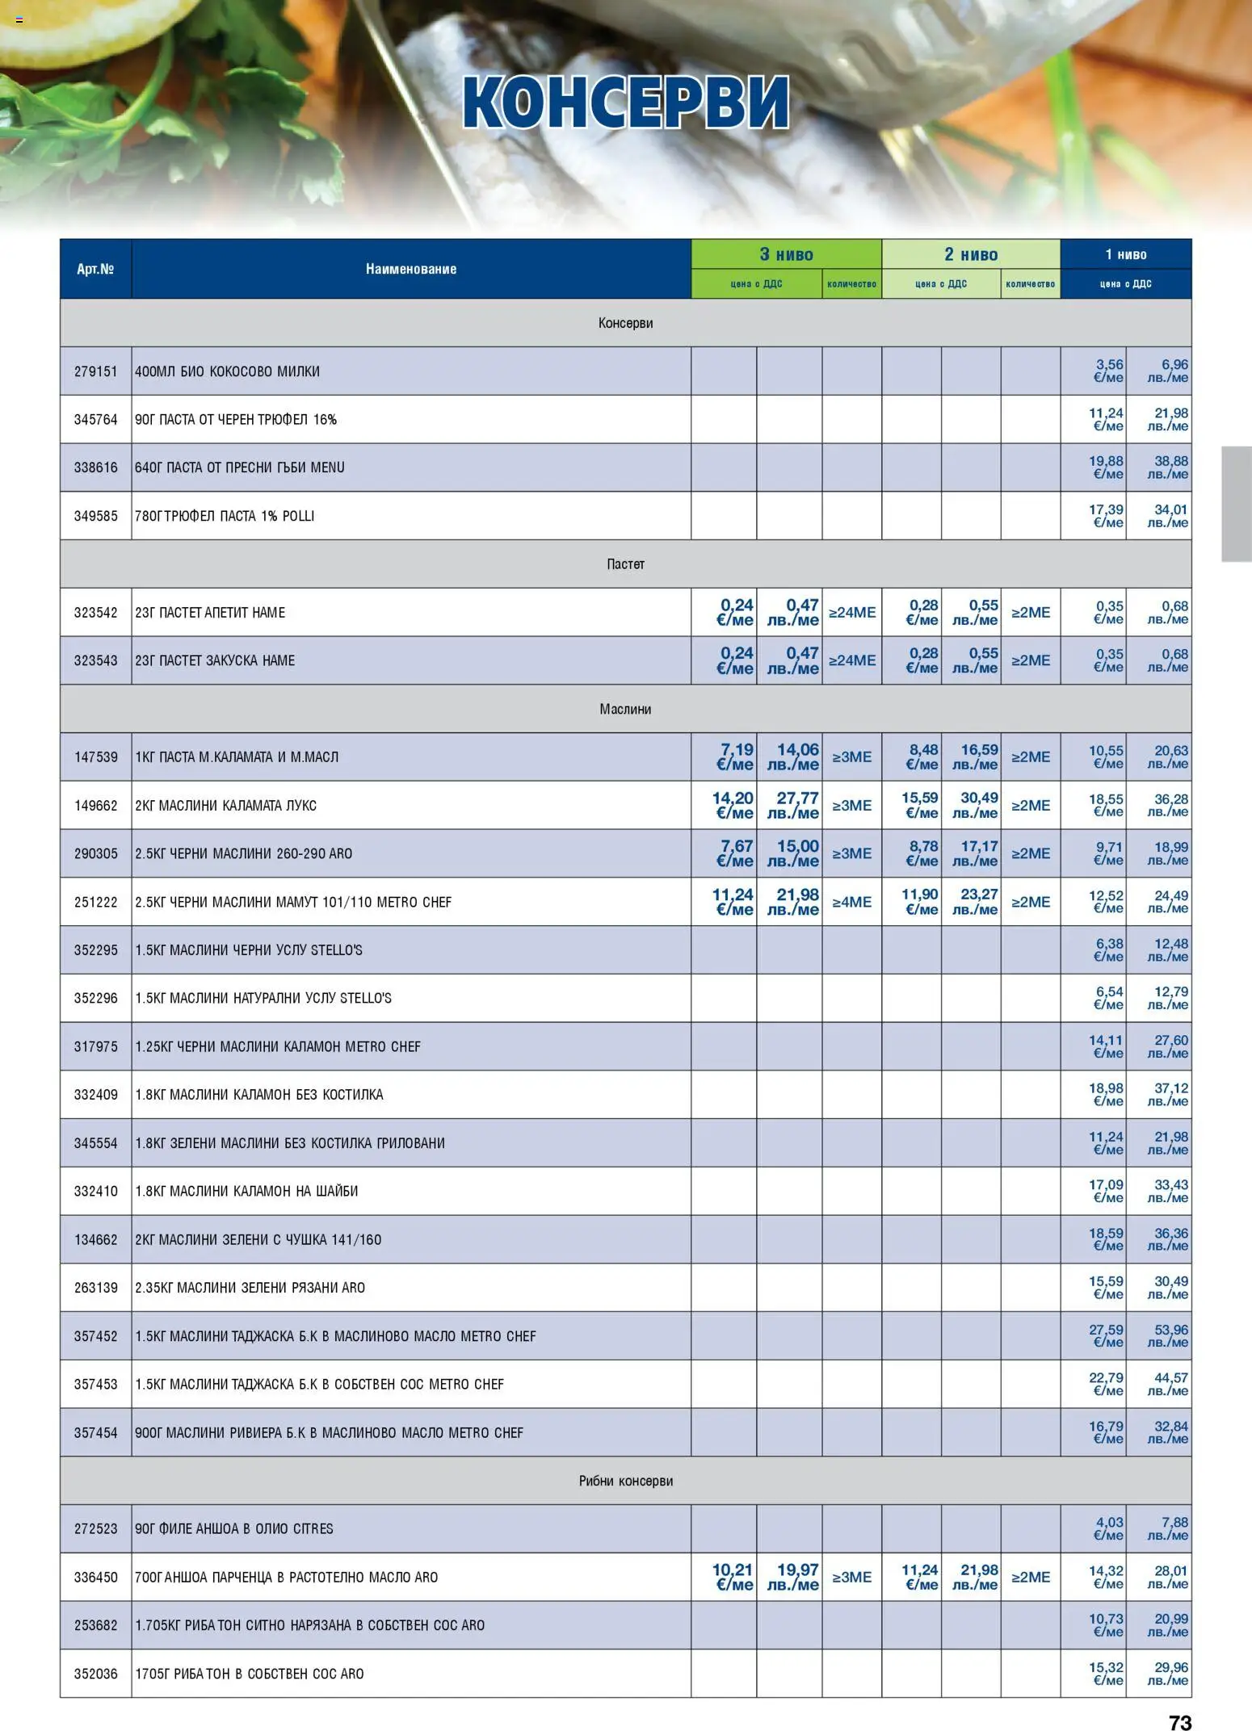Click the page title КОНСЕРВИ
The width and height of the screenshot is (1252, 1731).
pyautogui.click(x=626, y=103)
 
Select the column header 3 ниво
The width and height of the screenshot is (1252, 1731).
pyautogui.click(x=786, y=254)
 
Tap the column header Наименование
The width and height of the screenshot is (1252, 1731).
pyautogui.click(x=410, y=269)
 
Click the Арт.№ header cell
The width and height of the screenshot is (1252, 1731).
pyautogui.click(x=95, y=269)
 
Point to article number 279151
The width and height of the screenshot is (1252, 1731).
pyautogui.click(x=95, y=371)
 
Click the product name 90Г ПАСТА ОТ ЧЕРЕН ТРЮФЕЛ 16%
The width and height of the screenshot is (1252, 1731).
pyautogui.click(x=236, y=420)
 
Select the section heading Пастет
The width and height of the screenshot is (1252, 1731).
pyautogui.click(x=625, y=564)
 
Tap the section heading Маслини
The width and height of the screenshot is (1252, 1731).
pyautogui.click(x=625, y=709)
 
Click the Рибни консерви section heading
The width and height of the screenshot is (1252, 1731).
pyautogui.click(x=625, y=1481)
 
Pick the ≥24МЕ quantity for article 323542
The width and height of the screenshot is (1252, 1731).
pyautogui.click(x=852, y=612)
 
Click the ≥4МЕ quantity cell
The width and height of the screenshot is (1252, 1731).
pyautogui.click(x=852, y=902)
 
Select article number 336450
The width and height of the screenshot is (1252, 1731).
pyautogui.click(x=95, y=1577)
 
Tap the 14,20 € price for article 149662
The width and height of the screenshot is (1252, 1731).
pyautogui.click(x=733, y=805)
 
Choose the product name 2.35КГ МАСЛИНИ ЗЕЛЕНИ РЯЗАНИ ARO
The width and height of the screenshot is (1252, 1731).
pyautogui.click(x=250, y=1288)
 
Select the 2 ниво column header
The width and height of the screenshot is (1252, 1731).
pyautogui.click(x=971, y=254)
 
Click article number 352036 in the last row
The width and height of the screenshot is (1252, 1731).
pyautogui.click(x=95, y=1674)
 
